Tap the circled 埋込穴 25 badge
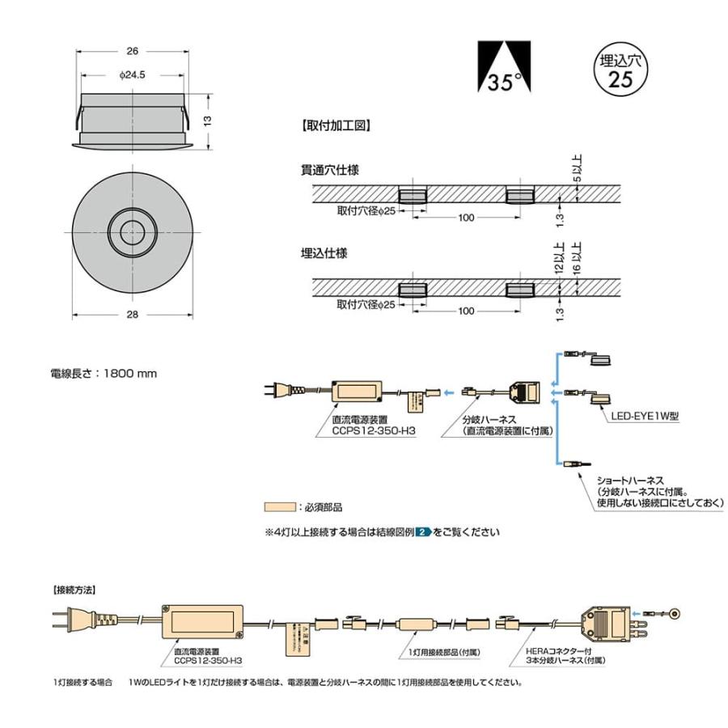point(619,70)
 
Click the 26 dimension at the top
point(132,50)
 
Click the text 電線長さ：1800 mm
point(104,374)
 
